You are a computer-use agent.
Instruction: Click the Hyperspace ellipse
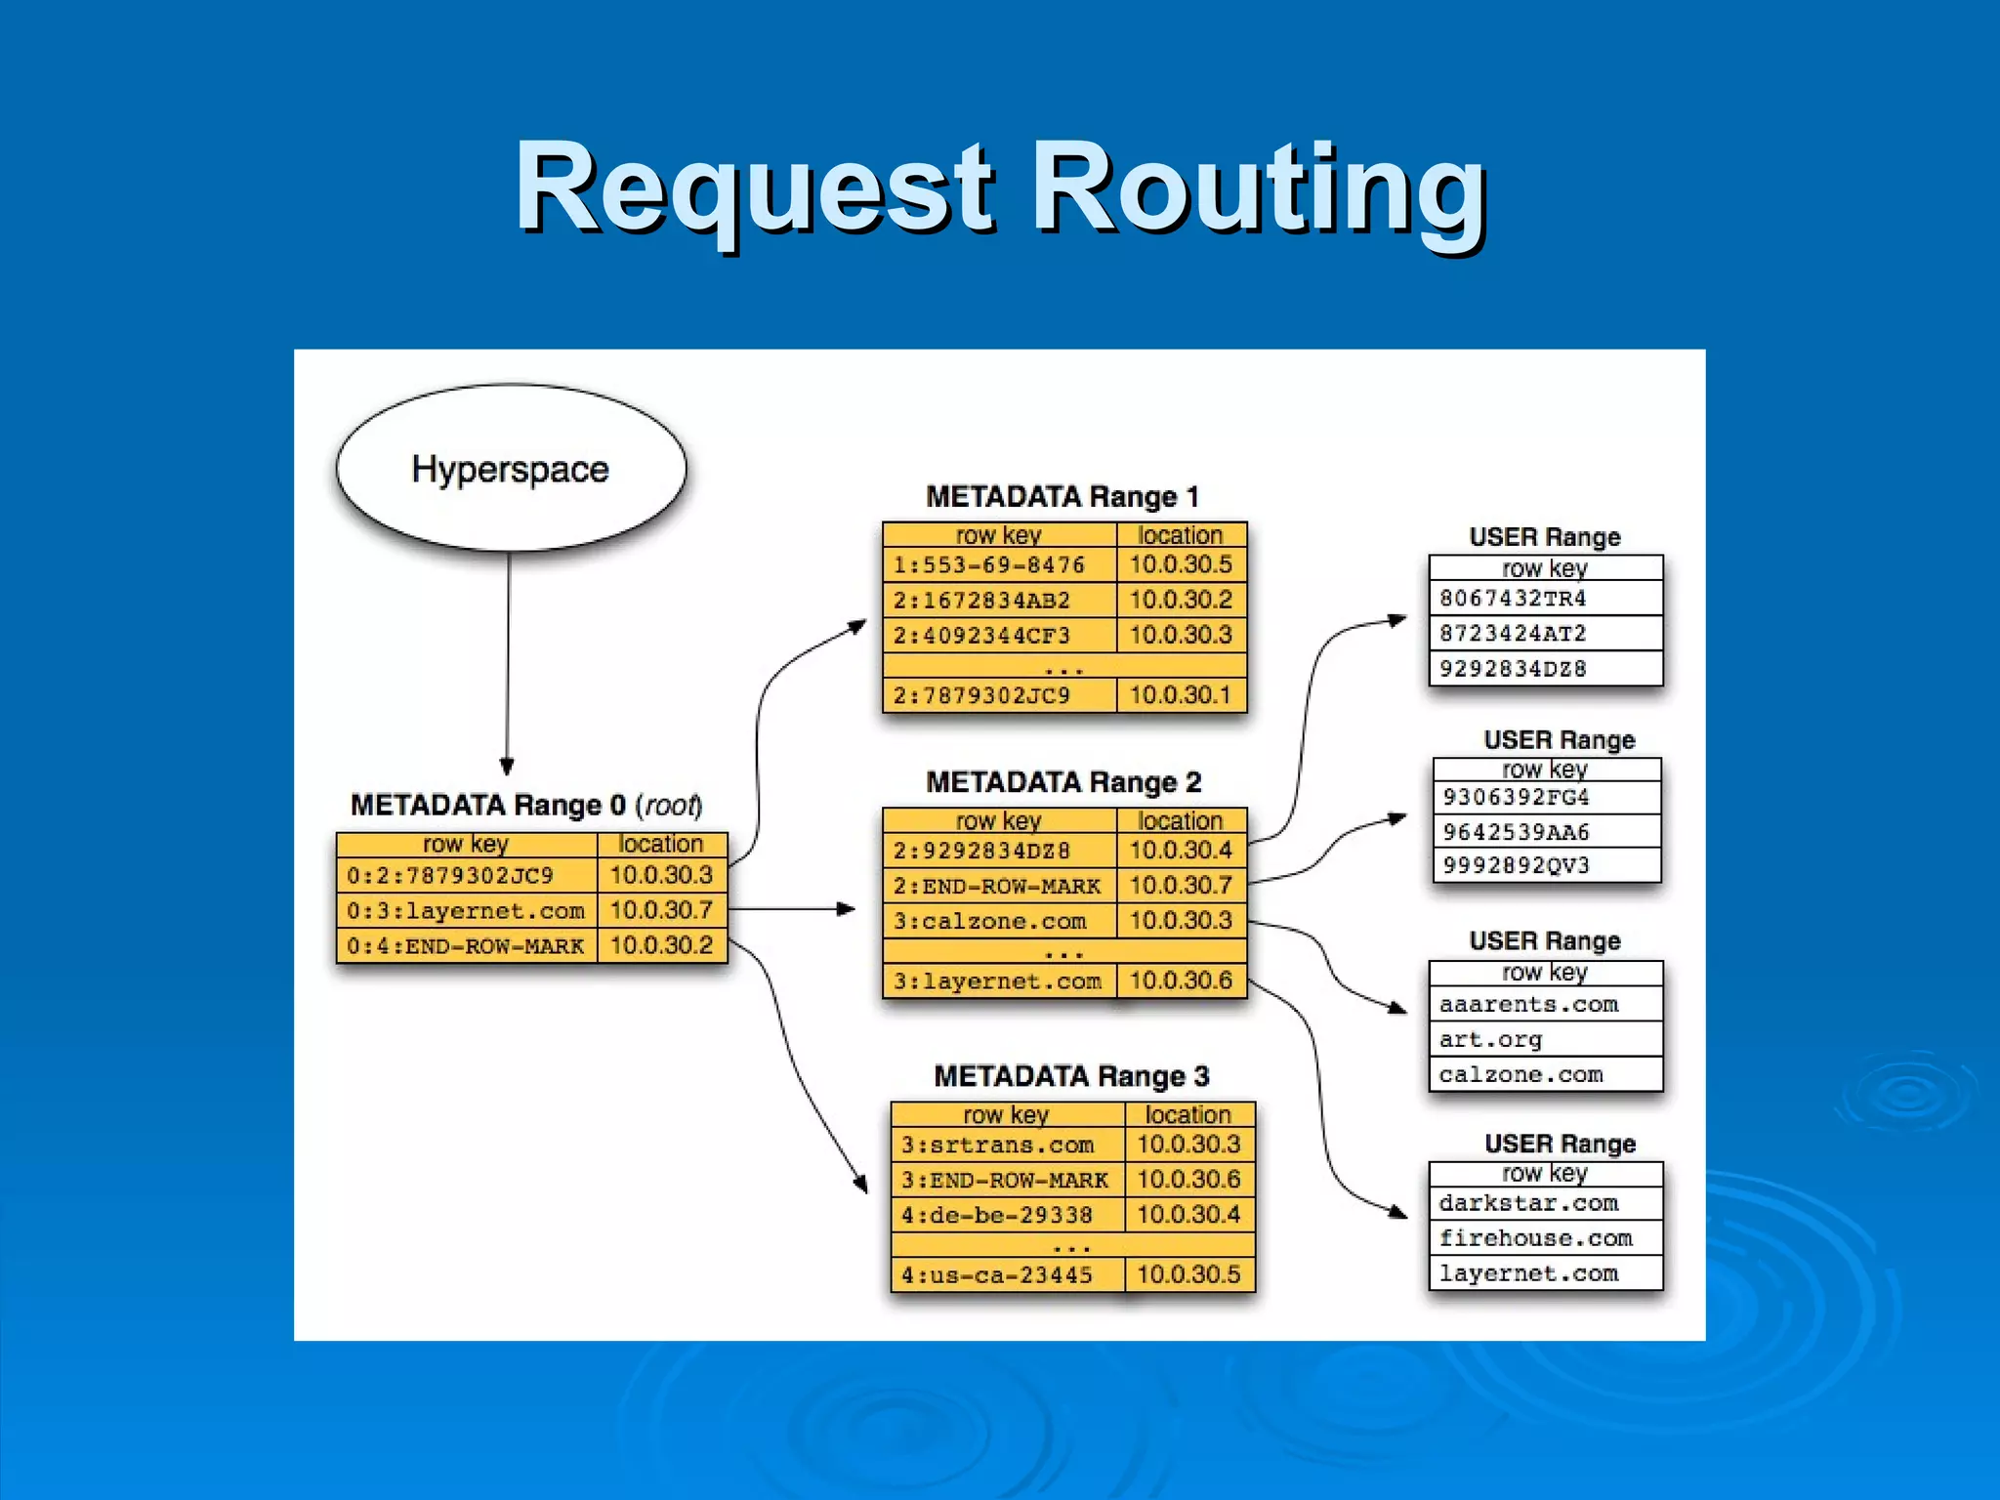[x=511, y=469]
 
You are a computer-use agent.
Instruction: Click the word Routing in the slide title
[x=1259, y=187]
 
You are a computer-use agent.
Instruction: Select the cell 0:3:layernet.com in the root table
[x=466, y=911]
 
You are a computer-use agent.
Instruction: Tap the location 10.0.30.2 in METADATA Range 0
[x=661, y=945]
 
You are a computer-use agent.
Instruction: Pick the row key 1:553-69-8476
[x=989, y=565]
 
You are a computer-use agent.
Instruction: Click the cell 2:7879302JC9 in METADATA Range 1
[x=981, y=695]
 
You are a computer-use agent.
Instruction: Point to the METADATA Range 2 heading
[x=1063, y=782]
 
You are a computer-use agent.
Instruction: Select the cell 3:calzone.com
[x=989, y=921]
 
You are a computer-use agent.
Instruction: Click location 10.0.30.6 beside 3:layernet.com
[x=1181, y=980]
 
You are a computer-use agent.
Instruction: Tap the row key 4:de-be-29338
[x=996, y=1215]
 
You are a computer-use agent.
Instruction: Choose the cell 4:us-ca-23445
[x=996, y=1274]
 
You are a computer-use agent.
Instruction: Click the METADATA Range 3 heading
[x=1071, y=1076]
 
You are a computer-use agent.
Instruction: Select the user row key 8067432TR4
[x=1513, y=598]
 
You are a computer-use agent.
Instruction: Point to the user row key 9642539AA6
[x=1516, y=832]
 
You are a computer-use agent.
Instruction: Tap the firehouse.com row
[x=1535, y=1238]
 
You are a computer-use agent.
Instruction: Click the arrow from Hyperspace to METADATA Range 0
[x=508, y=664]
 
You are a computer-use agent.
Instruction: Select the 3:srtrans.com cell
[x=997, y=1145]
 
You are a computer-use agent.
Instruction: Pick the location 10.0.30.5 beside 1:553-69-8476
[x=1181, y=564]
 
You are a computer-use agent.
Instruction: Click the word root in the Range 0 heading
[x=670, y=806]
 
